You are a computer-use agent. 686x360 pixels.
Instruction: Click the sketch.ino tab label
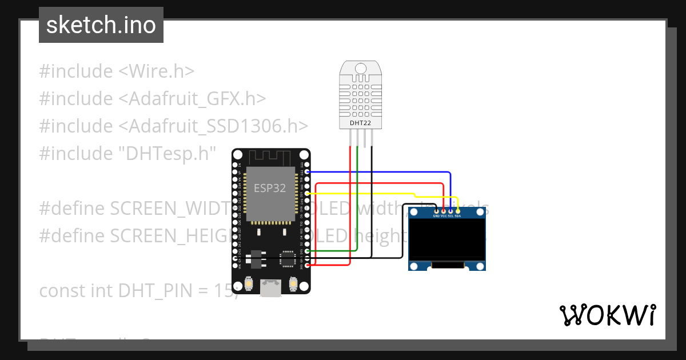(x=101, y=25)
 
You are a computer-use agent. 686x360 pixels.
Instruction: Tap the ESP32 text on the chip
(x=269, y=188)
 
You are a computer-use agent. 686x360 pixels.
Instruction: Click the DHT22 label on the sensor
(x=360, y=123)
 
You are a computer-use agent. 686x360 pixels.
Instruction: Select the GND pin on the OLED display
(x=436, y=212)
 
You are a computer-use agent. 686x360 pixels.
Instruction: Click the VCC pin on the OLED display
(x=443, y=212)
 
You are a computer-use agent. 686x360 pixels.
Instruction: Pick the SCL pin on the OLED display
(x=450, y=212)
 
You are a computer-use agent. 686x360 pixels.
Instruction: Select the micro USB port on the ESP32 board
(x=270, y=287)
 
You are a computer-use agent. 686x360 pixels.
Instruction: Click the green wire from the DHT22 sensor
(x=357, y=200)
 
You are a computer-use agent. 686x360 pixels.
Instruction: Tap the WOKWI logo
(x=607, y=315)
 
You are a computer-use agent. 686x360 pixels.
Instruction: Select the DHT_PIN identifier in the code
(x=153, y=290)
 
